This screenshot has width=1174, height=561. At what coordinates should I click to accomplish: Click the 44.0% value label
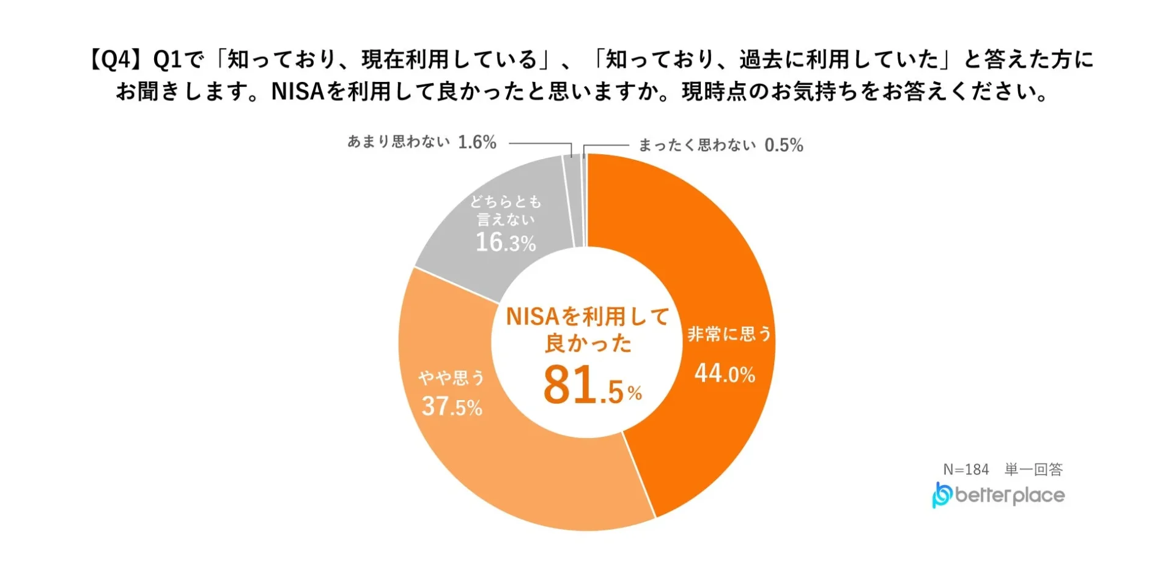(x=725, y=373)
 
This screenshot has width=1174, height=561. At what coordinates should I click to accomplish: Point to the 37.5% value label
(x=452, y=406)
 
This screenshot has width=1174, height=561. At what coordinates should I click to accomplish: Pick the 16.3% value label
(x=506, y=242)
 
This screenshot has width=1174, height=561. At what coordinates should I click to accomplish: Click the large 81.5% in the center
(x=591, y=386)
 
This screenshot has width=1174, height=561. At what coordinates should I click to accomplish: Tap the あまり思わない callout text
(x=399, y=142)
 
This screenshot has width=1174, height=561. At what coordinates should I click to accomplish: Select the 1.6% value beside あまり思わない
(x=477, y=142)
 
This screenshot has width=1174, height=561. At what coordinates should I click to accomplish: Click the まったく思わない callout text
(x=697, y=145)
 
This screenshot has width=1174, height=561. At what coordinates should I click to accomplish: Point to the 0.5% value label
(x=783, y=145)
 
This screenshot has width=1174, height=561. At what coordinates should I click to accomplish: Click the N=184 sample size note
(x=965, y=469)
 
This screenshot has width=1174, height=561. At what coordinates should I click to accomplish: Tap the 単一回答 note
(x=1033, y=469)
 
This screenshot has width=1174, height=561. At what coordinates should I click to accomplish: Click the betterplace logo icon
(x=942, y=495)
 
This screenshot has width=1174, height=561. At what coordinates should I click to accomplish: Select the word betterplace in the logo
(x=1010, y=495)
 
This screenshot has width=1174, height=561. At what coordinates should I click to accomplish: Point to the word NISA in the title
(x=297, y=92)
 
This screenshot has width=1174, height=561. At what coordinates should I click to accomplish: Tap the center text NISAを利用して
(x=588, y=316)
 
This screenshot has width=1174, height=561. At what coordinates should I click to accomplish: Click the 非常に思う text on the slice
(x=729, y=334)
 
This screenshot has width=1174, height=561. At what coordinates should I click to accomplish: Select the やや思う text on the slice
(x=451, y=377)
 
